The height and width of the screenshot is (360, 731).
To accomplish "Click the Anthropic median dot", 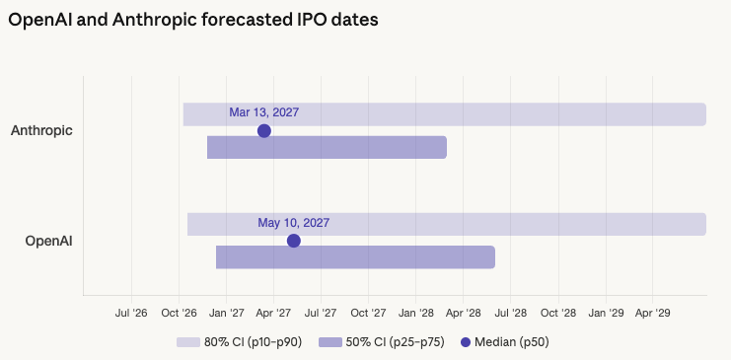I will click(263, 130).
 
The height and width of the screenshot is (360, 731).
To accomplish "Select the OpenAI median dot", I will click(293, 241).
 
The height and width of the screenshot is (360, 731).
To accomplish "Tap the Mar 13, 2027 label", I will click(263, 112).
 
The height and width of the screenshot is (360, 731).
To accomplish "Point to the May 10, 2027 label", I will click(293, 223).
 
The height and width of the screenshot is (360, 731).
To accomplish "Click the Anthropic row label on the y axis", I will click(41, 130).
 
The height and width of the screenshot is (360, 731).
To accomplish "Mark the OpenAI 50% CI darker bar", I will click(395, 257).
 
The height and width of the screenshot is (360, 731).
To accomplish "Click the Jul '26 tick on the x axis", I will click(131, 312).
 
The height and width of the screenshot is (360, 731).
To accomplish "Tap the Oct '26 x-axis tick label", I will click(179, 312).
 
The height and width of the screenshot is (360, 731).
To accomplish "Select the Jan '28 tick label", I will click(415, 312).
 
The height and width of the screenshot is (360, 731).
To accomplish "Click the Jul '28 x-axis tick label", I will click(510, 312).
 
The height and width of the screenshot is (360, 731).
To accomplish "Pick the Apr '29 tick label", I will click(652, 312).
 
